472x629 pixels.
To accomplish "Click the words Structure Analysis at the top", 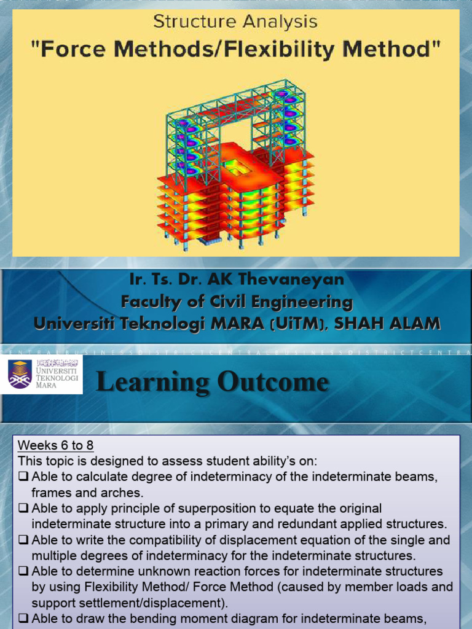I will click(x=235, y=23).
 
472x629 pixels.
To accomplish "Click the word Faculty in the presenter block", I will click(x=150, y=302).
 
